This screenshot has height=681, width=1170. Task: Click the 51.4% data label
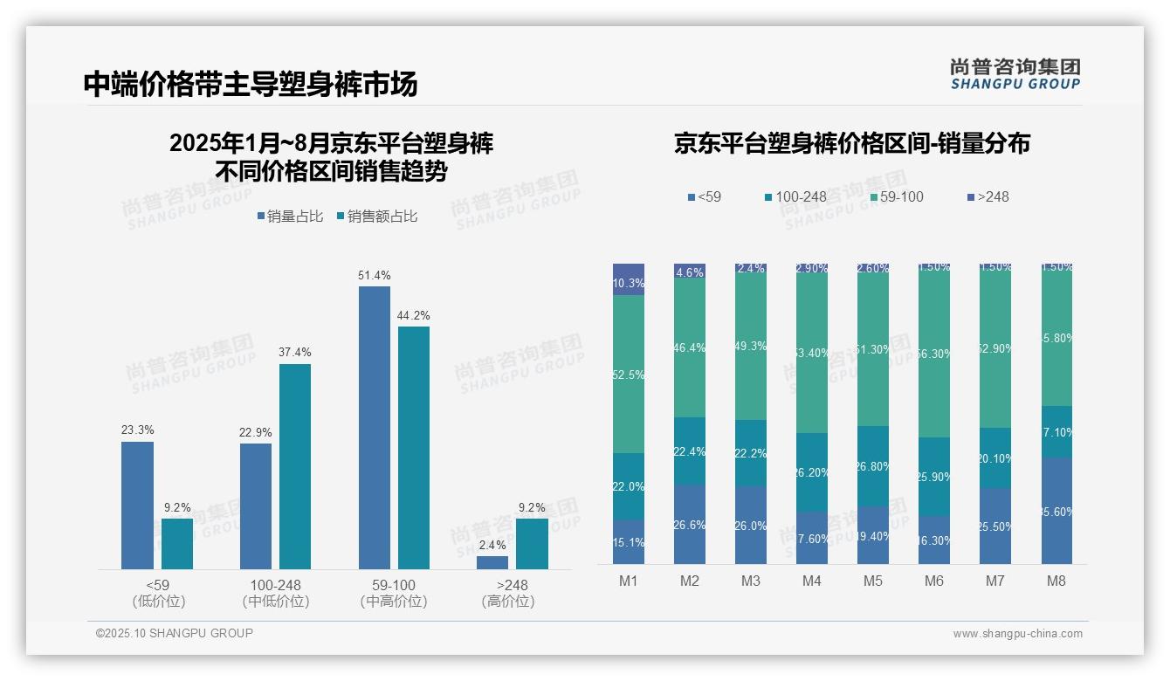374,276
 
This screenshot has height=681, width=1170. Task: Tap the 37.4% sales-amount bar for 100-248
295,466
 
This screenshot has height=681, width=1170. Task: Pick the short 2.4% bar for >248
492,562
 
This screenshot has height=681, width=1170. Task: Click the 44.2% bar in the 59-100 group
414,447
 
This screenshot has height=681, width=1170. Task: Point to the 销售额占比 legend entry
376,217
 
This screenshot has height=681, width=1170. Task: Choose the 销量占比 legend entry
289,217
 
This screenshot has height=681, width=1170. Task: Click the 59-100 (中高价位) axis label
393,593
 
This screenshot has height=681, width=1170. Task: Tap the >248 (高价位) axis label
507,593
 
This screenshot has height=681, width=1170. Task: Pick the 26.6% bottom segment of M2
690,524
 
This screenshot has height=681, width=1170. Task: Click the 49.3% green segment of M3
751,347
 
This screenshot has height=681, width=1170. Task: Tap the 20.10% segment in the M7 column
995,457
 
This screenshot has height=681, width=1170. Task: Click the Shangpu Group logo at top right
1015,73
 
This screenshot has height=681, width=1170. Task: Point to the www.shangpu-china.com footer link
1017,634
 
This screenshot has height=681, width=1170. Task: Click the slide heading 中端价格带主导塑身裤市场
251,84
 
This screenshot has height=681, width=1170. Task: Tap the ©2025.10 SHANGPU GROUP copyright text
175,633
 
